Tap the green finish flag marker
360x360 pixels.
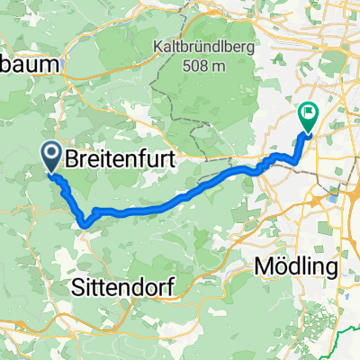pyautogui.click(x=308, y=117)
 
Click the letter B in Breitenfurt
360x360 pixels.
pyautogui.click(x=72, y=161)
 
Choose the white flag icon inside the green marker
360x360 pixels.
pyautogui.click(x=308, y=114)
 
